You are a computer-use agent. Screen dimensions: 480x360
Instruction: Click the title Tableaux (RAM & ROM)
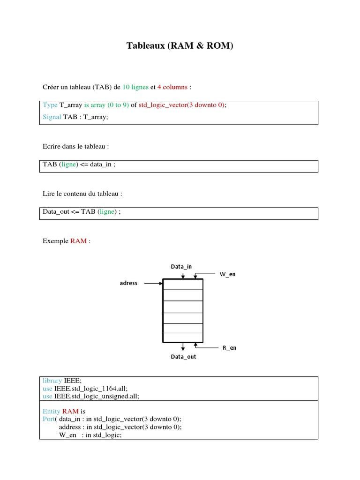(180, 46)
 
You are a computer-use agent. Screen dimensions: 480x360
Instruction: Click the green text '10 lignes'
(135, 87)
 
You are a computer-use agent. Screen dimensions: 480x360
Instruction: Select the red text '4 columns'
(172, 87)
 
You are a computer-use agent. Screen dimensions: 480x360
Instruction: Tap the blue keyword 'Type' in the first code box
(50, 105)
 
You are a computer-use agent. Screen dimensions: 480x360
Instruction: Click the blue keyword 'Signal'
(52, 117)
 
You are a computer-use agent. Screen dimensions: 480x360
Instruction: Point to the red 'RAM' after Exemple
(78, 241)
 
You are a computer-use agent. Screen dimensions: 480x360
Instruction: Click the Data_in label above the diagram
(181, 267)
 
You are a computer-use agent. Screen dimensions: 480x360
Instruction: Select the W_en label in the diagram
(227, 274)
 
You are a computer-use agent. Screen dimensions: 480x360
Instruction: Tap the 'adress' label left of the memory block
(128, 283)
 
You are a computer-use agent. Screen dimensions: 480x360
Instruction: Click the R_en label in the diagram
(229, 348)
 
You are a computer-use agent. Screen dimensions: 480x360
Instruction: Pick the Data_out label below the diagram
(183, 357)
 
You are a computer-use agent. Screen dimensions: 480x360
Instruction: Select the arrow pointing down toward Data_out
(183, 346)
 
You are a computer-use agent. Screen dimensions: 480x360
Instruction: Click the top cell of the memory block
(183, 285)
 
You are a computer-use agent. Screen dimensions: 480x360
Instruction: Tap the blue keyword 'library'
(52, 381)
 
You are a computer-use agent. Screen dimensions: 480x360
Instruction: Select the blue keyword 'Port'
(49, 419)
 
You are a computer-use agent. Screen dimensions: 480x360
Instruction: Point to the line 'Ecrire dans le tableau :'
(76, 146)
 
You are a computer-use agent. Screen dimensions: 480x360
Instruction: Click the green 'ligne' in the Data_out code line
(107, 212)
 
